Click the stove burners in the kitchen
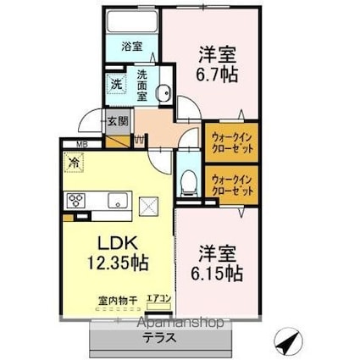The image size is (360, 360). [75, 201]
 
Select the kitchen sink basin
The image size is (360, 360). [116, 201]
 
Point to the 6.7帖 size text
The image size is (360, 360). [217, 73]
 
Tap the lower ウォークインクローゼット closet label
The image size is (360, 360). [231, 185]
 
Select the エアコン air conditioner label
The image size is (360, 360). [158, 297]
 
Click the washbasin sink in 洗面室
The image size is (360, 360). [166, 93]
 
